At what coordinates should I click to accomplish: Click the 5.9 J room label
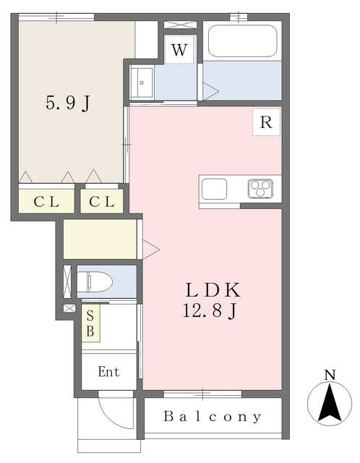tap(68, 103)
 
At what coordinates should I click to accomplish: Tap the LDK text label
tap(213, 292)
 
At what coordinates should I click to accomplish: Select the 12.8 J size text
tap(213, 312)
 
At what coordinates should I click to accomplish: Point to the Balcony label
tap(213, 417)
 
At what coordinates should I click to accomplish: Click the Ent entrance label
tap(108, 373)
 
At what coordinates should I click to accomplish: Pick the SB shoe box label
tap(90, 323)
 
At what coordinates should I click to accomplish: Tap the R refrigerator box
tap(266, 122)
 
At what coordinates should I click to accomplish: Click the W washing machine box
tap(180, 51)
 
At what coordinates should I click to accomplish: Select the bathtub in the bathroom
tap(242, 41)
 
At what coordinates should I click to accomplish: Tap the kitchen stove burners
tap(260, 188)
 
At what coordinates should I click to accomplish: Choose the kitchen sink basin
tap(215, 189)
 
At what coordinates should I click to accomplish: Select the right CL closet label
tap(102, 202)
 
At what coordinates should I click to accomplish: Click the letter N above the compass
tap(330, 375)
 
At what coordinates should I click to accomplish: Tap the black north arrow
tap(330, 404)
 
